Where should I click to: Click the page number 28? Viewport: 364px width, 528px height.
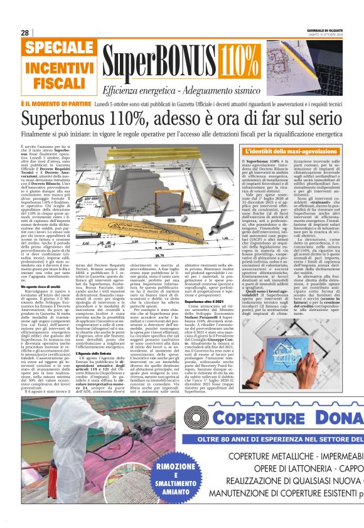tap(25, 33)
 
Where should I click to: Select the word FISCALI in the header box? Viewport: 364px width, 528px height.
tap(56, 83)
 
